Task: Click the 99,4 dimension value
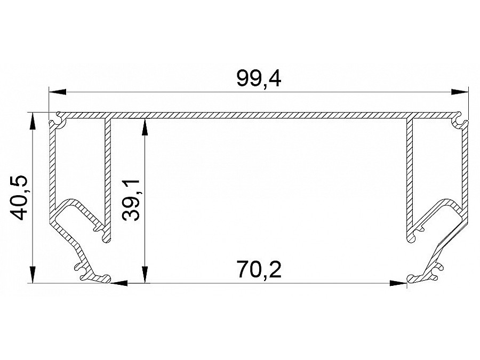pos(259,79)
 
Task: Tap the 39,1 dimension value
pos(131,200)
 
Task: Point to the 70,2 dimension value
pos(259,269)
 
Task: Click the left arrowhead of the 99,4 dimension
pos(58,92)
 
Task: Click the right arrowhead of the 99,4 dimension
pos(460,92)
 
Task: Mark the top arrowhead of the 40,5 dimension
pos(32,122)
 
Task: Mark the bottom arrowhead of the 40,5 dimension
pos(32,275)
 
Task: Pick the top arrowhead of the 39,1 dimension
pos(145,127)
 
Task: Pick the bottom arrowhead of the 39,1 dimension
pos(145,275)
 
